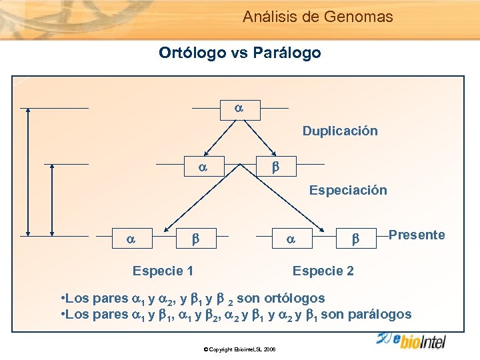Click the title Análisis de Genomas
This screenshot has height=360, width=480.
point(317,17)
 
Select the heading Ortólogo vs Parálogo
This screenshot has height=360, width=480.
point(239,52)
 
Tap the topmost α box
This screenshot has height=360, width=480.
point(240,108)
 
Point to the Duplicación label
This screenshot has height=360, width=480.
point(340,131)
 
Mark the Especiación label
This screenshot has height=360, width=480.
point(347,190)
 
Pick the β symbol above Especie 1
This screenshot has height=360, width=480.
point(196,236)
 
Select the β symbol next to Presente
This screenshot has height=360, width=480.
point(355,236)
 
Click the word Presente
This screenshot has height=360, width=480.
point(416,235)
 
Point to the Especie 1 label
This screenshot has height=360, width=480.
point(163,271)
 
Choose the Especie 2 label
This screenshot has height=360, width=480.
point(323,271)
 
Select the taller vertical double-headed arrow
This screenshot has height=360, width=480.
point(27,172)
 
